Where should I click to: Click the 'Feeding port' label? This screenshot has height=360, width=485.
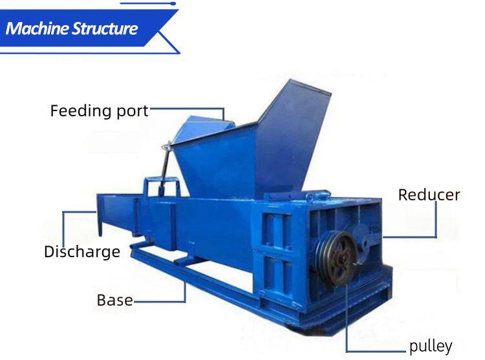click(99, 111)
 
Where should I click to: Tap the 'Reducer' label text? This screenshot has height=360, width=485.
click(429, 195)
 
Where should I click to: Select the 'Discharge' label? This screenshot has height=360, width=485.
click(82, 251)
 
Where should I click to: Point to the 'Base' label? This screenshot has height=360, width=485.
click(114, 300)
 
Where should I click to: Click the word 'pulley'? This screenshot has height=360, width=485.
click(431, 346)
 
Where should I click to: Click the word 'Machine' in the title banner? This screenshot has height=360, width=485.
click(39, 28)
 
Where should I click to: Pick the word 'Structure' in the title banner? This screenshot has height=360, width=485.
click(107, 28)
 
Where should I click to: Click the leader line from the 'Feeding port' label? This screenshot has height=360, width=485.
click(188, 109)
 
